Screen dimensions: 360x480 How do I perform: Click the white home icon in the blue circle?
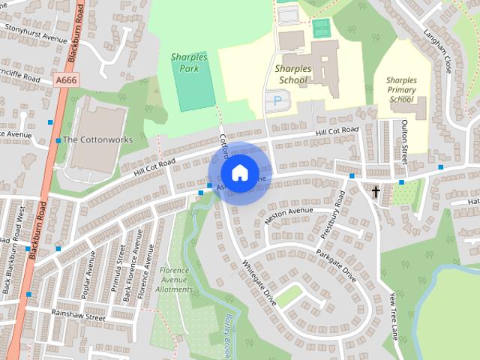tap(239, 172)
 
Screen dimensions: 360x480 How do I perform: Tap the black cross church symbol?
tap(376, 191)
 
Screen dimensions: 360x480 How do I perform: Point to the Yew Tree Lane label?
tap(394, 316)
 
